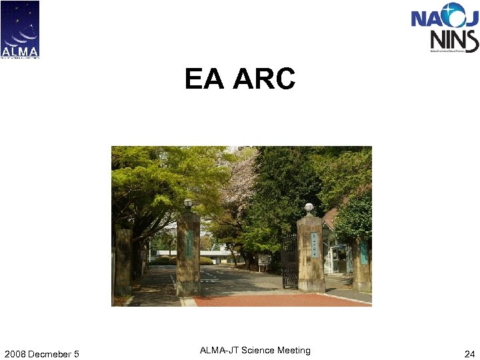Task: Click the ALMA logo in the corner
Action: [20, 29]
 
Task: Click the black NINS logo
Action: [454, 40]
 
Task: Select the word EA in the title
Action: [205, 79]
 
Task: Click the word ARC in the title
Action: [264, 79]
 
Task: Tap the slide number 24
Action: [469, 353]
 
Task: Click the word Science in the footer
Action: [261, 350]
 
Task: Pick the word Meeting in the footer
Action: [295, 350]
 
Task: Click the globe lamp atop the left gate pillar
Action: [188, 203]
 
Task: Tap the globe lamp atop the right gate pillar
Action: [309, 207]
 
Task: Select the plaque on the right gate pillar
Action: [311, 249]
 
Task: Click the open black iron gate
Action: [289, 261]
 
